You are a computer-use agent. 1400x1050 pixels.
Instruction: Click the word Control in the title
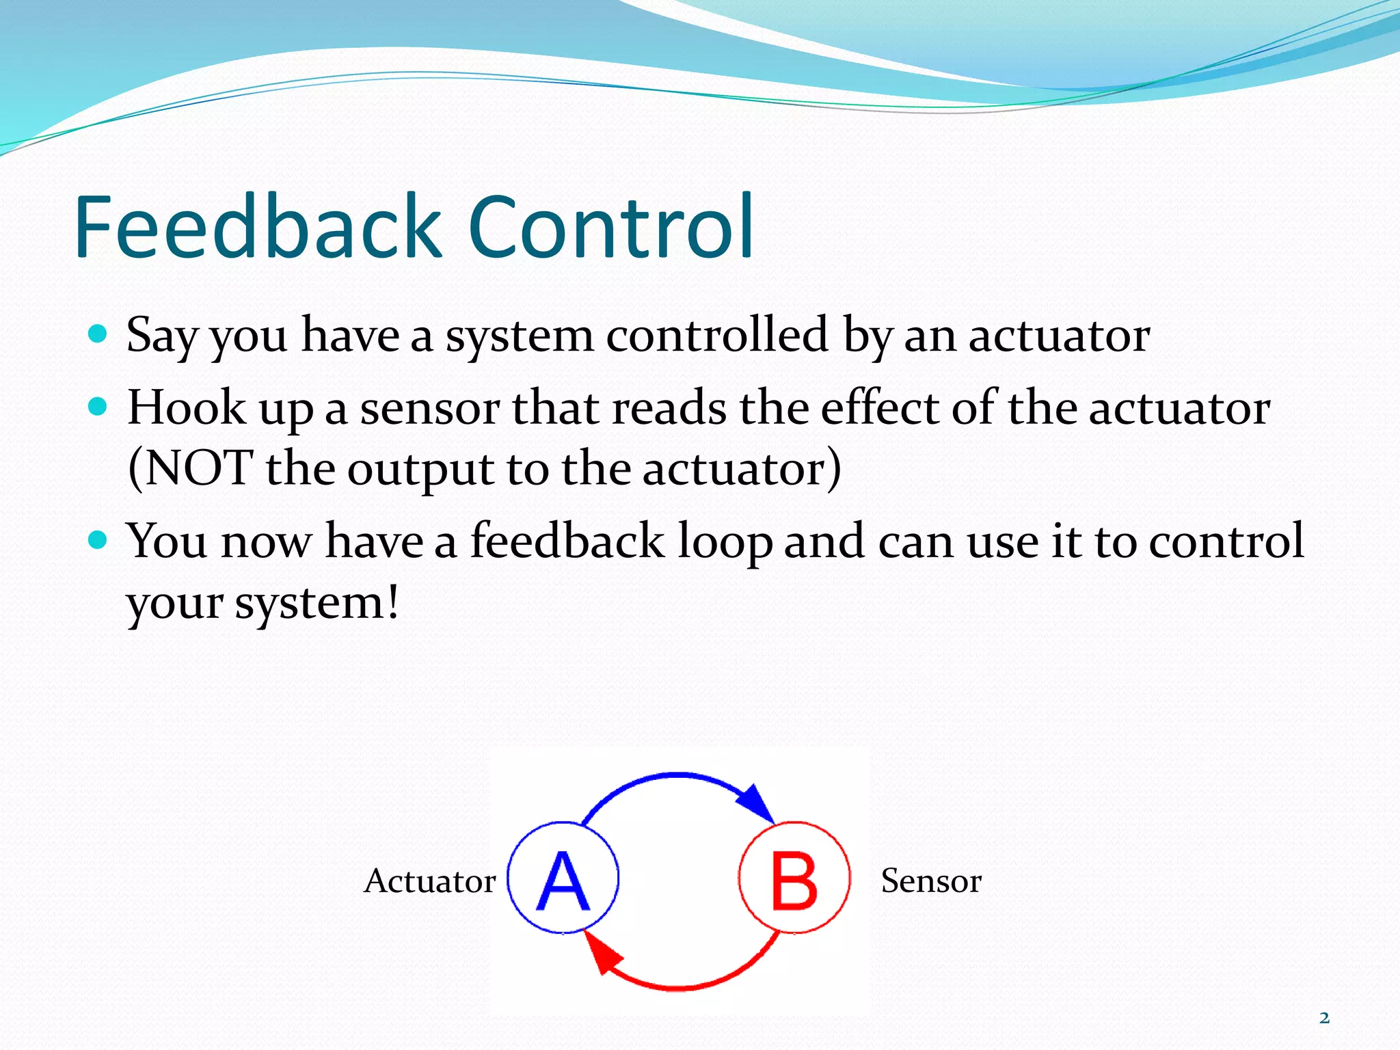pos(611,228)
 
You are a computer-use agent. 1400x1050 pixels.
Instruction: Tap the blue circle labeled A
pos(563,878)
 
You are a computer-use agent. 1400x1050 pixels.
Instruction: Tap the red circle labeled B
pos(794,878)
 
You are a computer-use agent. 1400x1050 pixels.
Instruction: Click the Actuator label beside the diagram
pos(429,880)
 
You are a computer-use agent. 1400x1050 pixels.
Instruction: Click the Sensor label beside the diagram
pos(930,880)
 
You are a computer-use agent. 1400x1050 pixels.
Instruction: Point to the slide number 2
pos(1324,1018)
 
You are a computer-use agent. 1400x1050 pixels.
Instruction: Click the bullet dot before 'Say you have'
pos(98,334)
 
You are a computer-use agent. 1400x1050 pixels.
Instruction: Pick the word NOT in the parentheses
pos(198,469)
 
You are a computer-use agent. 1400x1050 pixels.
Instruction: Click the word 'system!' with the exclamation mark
pos(316,604)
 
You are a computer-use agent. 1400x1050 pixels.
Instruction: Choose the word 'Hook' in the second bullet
pos(187,408)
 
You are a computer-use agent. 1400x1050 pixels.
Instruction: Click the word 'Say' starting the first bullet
pos(162,337)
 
